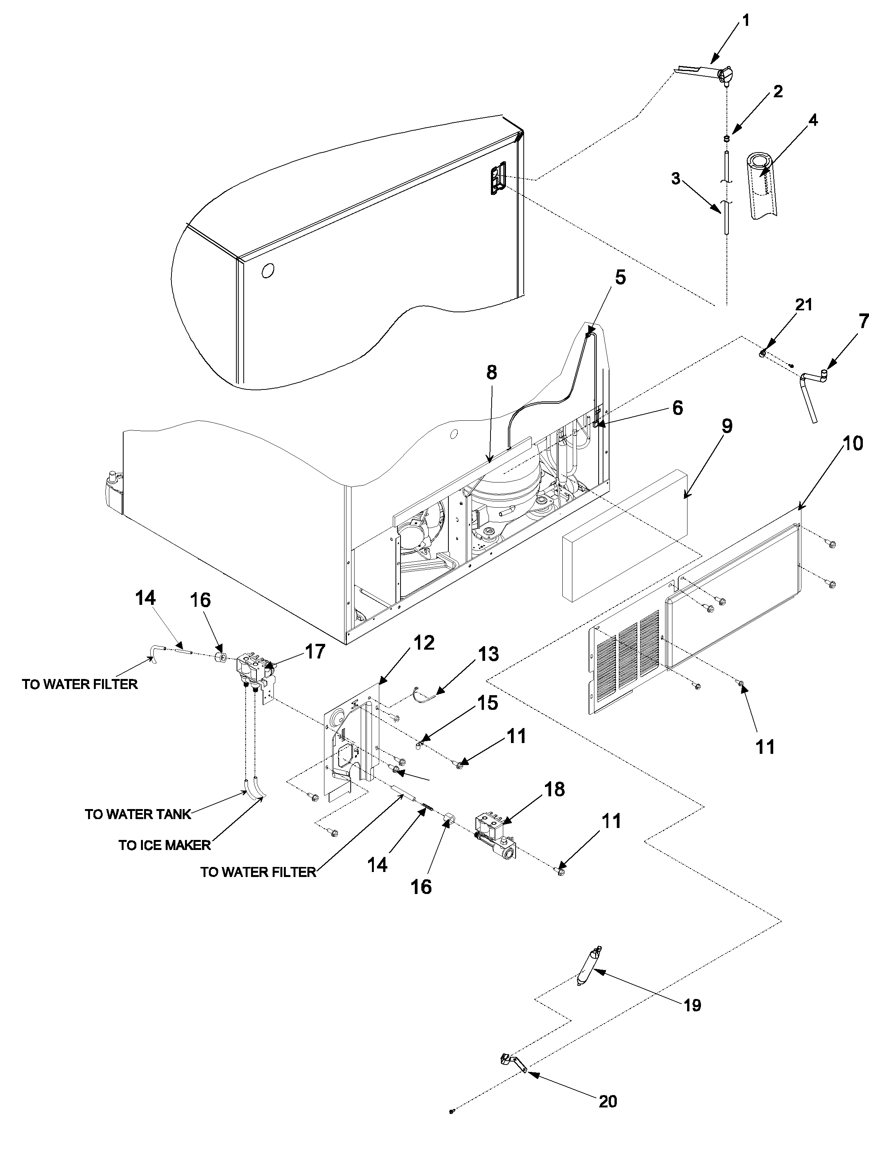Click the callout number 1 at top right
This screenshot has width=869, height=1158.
[x=745, y=21]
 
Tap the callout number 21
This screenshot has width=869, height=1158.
[x=803, y=305]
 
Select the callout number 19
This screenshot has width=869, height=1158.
[x=692, y=1005]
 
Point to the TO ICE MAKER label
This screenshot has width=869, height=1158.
[x=165, y=845]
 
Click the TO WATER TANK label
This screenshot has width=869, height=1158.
[x=138, y=814]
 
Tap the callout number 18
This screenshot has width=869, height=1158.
[x=555, y=789]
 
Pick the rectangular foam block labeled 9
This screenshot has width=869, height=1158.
[x=623, y=534]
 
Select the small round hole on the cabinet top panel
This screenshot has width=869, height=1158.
[x=267, y=271]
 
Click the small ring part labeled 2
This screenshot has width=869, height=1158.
[x=726, y=138]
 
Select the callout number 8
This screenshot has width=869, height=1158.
[x=491, y=373]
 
